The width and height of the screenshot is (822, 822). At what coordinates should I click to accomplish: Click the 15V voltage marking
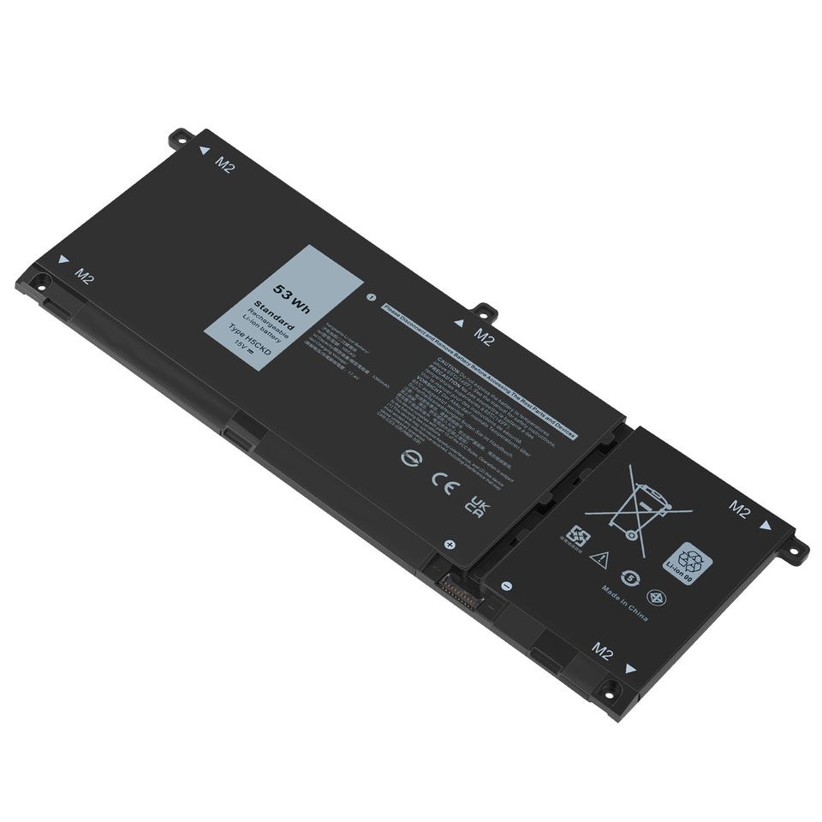coord(242,349)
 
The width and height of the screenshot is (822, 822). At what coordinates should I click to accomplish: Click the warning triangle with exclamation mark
coord(599,560)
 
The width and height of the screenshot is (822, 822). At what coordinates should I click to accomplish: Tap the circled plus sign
coord(450,544)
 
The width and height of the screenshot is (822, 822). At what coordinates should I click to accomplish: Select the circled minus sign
coord(506,586)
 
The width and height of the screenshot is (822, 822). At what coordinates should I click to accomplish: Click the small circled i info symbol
coord(371,298)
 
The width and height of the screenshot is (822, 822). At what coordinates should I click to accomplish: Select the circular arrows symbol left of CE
coord(409,459)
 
